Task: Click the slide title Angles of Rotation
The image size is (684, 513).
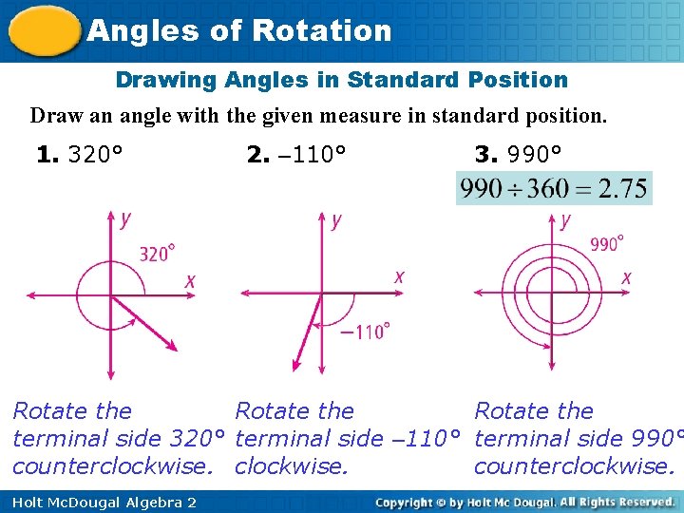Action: tap(238, 30)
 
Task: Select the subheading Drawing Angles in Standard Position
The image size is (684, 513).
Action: tap(341, 80)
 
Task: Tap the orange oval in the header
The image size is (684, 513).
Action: tap(44, 30)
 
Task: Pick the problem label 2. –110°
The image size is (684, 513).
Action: tap(295, 154)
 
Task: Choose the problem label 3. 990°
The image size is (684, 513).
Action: tap(518, 154)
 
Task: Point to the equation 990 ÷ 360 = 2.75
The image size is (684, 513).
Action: tap(553, 188)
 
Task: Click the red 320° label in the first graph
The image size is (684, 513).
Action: tap(157, 253)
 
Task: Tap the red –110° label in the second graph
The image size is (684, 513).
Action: tap(364, 332)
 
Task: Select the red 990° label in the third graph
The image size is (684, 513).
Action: tap(607, 244)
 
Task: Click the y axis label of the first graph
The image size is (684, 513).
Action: tap(125, 219)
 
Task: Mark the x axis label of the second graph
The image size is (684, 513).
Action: tap(399, 276)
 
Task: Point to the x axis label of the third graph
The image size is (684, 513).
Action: tap(626, 277)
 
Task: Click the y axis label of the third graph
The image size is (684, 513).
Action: tap(566, 220)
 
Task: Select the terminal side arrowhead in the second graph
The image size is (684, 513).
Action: tap(295, 366)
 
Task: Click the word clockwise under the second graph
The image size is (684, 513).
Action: tap(291, 466)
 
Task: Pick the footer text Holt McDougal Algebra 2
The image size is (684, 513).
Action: tap(99, 502)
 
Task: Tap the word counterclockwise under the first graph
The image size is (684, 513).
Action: tap(113, 466)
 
